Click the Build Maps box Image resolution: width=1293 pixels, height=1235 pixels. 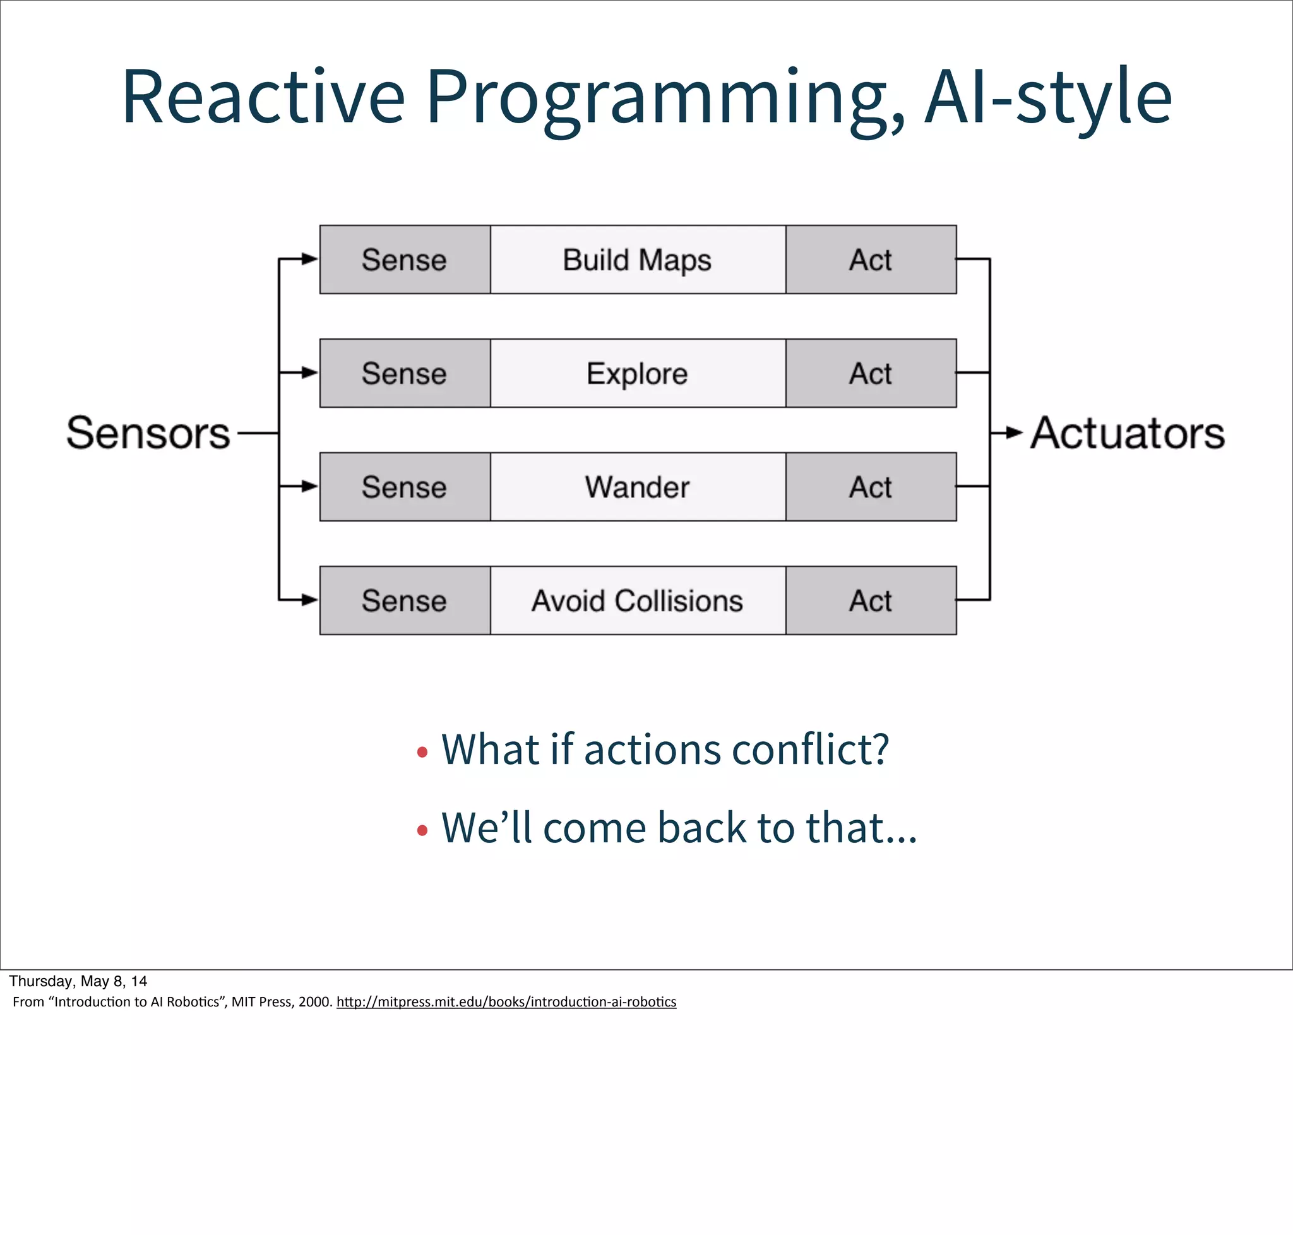click(637, 260)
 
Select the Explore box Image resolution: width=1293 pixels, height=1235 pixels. click(637, 373)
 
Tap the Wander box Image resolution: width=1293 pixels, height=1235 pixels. click(637, 487)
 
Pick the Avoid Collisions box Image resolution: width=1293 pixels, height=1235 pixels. click(637, 600)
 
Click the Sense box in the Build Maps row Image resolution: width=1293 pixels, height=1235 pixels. click(404, 260)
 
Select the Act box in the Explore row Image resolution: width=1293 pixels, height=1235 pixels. click(871, 373)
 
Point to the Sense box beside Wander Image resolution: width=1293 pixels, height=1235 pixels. click(404, 487)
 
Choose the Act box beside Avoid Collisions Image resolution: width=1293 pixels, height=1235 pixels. click(871, 600)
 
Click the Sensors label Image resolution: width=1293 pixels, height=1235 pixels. click(148, 433)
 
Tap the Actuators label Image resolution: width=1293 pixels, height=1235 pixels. click(1127, 433)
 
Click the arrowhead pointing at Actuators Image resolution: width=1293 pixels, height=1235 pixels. click(1015, 433)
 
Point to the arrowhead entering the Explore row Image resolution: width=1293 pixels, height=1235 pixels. click(309, 373)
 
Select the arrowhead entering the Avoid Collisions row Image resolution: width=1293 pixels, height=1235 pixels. click(309, 600)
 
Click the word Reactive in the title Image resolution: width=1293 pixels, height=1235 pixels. click(263, 97)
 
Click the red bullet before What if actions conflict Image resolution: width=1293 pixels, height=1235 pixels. click(422, 752)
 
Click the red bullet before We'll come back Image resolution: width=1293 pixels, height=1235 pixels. click(422, 831)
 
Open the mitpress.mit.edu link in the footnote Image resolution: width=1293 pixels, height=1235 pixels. click(506, 1001)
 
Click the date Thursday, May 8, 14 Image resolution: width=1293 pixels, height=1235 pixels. click(78, 981)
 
